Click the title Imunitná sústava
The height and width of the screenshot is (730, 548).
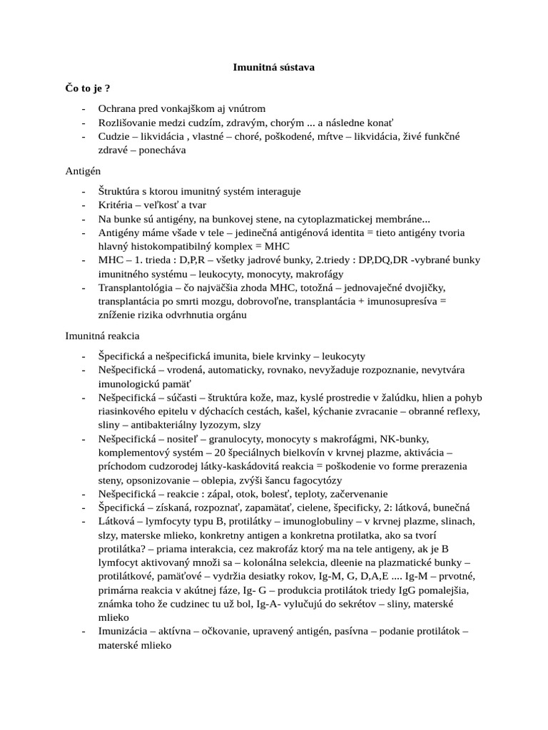pyautogui.click(x=274, y=68)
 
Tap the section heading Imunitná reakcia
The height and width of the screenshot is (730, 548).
pyautogui.click(x=103, y=334)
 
